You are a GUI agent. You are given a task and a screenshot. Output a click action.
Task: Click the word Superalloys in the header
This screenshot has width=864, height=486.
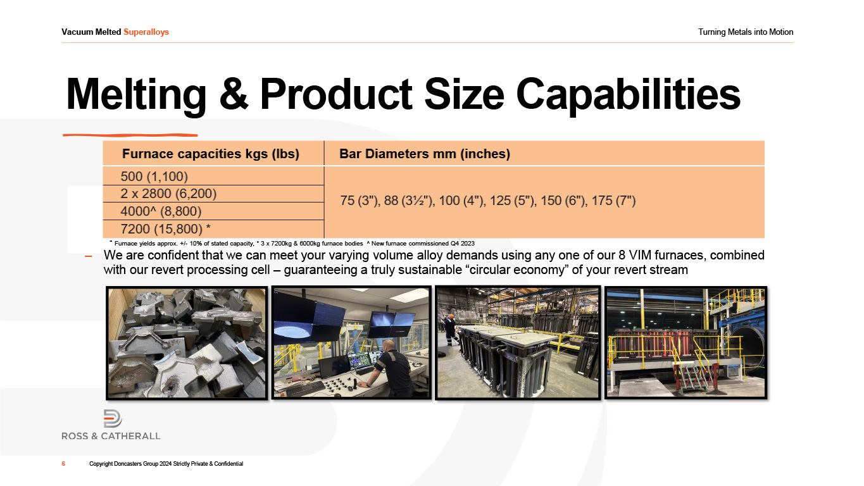(x=146, y=32)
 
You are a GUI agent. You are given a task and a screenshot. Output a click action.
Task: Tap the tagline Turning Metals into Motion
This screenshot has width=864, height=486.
(x=746, y=32)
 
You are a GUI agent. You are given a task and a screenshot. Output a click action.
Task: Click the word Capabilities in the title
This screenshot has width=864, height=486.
(x=629, y=96)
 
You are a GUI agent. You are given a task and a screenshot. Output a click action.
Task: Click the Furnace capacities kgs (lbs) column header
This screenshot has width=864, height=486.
(x=211, y=154)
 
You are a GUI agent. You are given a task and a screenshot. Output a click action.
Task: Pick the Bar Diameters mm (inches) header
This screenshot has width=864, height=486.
(x=425, y=154)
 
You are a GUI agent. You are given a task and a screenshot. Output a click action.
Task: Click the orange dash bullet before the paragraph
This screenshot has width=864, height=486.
(x=89, y=256)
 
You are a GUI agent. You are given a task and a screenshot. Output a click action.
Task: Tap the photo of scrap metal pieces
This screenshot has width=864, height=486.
(x=187, y=343)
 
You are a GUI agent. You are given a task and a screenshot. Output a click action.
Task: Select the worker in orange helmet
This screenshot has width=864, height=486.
(x=451, y=330)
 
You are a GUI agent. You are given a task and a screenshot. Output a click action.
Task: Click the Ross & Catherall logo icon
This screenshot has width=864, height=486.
(x=113, y=418)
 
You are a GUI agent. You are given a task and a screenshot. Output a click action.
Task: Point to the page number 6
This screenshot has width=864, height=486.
(x=64, y=464)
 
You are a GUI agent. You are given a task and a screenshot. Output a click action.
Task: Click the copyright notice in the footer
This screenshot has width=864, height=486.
(x=166, y=464)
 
